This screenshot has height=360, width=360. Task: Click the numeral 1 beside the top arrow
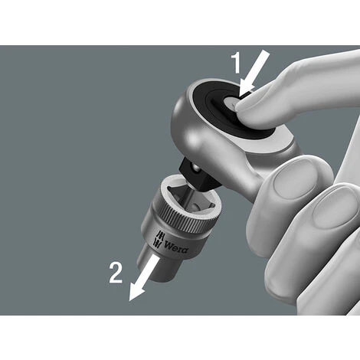(237, 63)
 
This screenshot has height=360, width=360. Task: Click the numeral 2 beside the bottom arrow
(116, 273)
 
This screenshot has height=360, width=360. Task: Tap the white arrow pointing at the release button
(254, 74)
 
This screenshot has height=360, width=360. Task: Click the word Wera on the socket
(176, 247)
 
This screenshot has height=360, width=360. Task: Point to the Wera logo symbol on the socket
(159, 239)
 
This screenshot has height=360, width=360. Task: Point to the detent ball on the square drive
(196, 169)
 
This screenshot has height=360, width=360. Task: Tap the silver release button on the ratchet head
(231, 104)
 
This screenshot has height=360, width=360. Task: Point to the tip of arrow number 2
(129, 301)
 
